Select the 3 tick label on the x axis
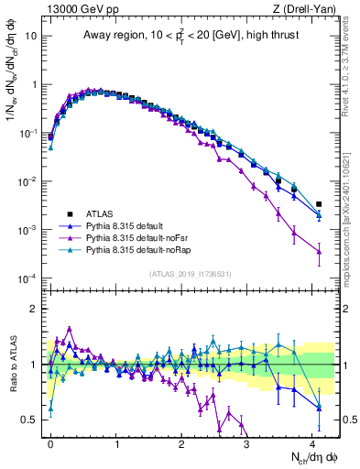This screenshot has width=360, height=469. pyautogui.click(x=246, y=442)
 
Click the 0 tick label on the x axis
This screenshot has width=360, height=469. pyautogui.click(x=50, y=442)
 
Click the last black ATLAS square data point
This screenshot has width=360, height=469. pyautogui.click(x=319, y=204)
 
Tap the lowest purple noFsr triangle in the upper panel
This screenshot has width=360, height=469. pyautogui.click(x=319, y=251)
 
